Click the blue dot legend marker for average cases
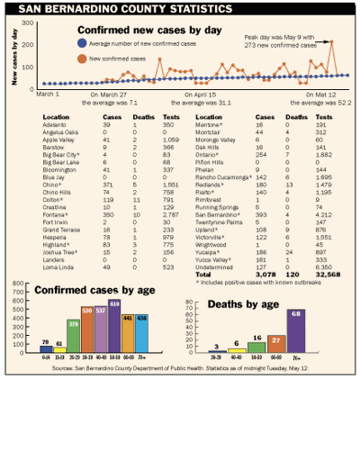82,42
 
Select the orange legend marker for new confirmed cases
82,57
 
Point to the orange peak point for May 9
331,41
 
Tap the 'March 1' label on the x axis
49,93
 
